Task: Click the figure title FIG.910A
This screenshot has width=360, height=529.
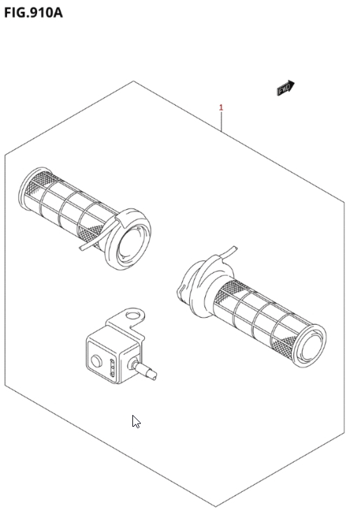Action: tap(33, 13)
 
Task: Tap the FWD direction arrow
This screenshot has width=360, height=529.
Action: tap(286, 87)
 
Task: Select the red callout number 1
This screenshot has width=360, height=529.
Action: tap(221, 108)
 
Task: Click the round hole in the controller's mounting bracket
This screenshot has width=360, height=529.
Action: tap(132, 316)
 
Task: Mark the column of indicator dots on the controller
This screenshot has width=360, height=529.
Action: tap(113, 368)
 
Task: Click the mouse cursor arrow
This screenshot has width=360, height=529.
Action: tap(136, 422)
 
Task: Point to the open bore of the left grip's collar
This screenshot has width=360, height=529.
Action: tap(132, 243)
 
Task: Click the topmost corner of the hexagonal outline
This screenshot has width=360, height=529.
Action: tap(133, 81)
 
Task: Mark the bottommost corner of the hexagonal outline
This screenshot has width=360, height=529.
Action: tap(216, 507)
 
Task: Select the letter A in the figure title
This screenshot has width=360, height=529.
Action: tap(57, 13)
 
